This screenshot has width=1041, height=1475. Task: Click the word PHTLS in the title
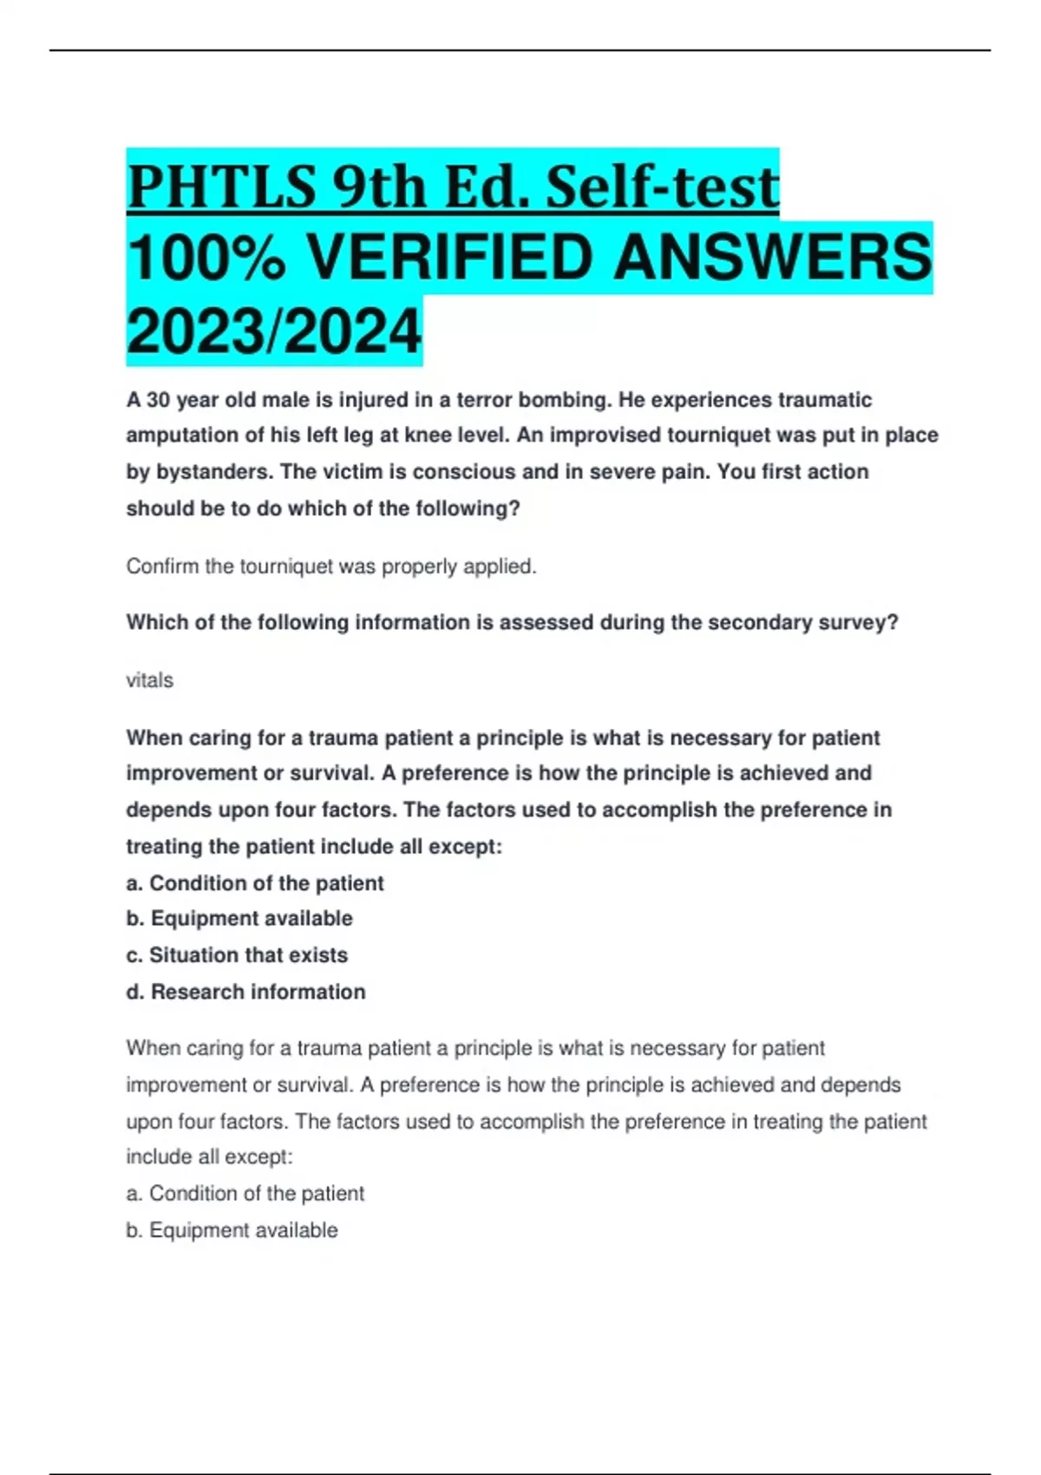coord(221,187)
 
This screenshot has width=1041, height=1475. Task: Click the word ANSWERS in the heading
coord(772,259)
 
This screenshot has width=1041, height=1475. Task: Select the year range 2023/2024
coord(274,331)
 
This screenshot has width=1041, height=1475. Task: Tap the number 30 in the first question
coord(158,400)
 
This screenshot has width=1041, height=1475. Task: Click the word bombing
coord(564,400)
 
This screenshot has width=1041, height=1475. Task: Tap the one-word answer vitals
coord(149,680)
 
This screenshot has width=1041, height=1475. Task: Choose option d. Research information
coord(246,992)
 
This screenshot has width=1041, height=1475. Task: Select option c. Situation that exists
coord(237,955)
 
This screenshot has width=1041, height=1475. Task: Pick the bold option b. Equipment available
coord(239,918)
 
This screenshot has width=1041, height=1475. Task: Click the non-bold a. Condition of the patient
coord(246,1194)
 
